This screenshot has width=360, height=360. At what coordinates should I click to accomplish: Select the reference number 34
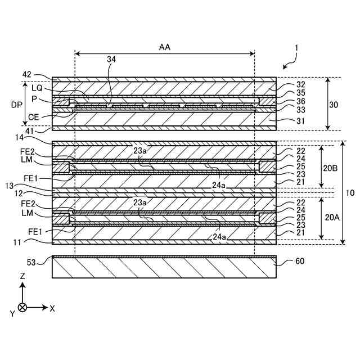[112, 59]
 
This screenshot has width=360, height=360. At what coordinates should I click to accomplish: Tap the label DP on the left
[16, 104]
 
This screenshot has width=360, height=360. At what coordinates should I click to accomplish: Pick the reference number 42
[27, 74]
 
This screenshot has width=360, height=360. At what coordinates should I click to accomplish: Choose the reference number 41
[28, 130]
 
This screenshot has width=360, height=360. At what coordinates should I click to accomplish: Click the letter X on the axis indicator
[52, 308]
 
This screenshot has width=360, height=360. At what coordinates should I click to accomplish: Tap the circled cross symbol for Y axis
[22, 308]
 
